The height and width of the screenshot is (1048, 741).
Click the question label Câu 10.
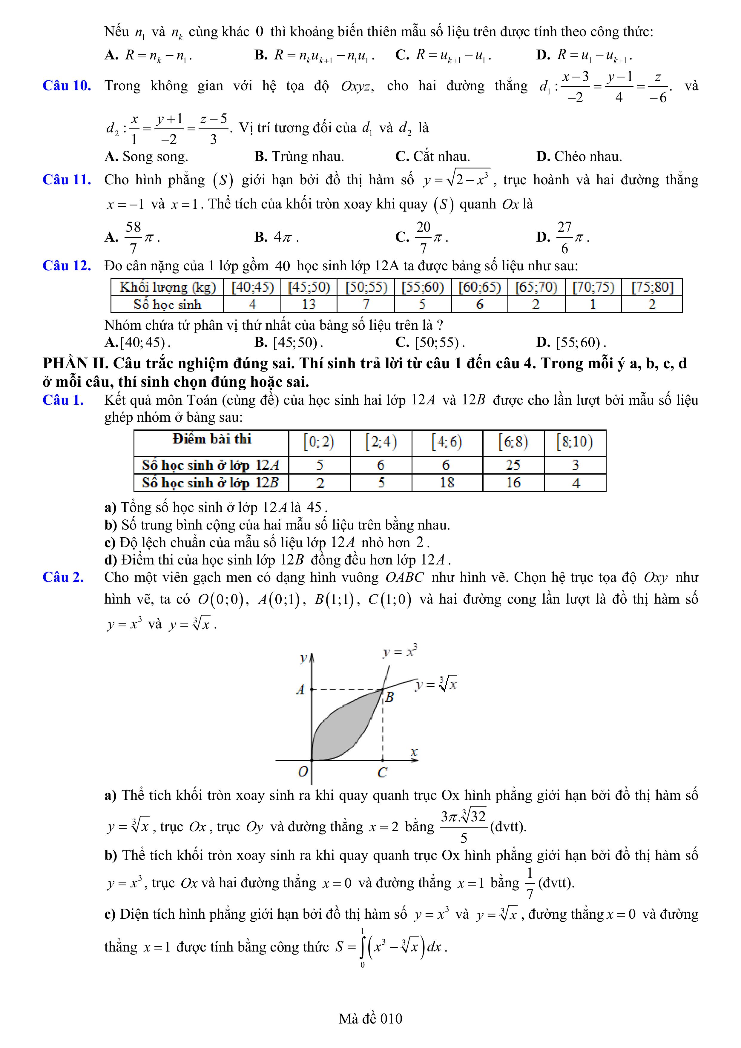click(x=67, y=86)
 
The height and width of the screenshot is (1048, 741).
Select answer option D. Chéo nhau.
click(x=579, y=156)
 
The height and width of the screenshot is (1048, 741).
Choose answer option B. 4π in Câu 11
click(x=276, y=237)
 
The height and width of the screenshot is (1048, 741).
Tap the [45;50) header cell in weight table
click(x=309, y=287)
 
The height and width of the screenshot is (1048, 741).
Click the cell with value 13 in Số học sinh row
click(x=309, y=304)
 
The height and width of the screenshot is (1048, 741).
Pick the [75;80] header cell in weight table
click(x=651, y=287)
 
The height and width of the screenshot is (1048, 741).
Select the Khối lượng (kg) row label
click(x=167, y=287)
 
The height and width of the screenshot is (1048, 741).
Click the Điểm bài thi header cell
click(x=211, y=439)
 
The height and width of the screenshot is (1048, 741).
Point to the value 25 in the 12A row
click(x=513, y=465)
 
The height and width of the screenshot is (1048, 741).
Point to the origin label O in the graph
click(x=303, y=772)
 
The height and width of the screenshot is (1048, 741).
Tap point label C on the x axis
click(x=383, y=773)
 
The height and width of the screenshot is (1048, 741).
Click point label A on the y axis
click(x=300, y=690)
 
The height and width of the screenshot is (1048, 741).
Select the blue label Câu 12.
click(x=67, y=266)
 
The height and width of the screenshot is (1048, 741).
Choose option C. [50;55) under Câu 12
click(x=430, y=342)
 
